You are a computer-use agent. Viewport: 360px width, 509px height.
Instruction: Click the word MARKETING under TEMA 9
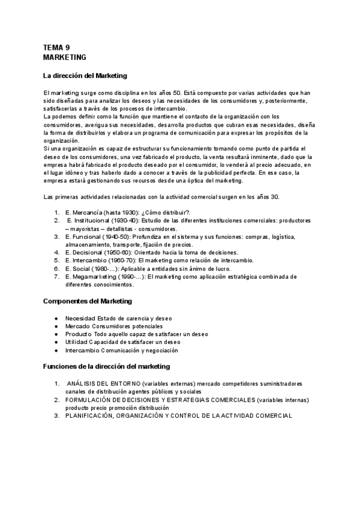[x=65, y=57]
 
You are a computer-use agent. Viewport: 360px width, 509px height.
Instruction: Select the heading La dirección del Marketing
[x=85, y=76]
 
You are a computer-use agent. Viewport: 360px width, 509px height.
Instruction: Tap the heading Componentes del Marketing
[x=88, y=300]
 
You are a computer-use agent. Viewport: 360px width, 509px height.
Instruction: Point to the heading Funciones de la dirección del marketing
[x=107, y=366]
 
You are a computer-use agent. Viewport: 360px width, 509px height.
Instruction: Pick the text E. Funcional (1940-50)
[x=103, y=236]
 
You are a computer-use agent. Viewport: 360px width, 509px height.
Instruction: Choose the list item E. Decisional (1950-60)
[x=103, y=252]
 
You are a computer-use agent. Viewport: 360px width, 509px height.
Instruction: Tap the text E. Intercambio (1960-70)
[x=105, y=260]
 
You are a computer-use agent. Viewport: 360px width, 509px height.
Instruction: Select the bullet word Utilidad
[x=75, y=342]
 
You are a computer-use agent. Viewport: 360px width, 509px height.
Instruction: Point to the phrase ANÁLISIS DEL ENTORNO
[x=104, y=383]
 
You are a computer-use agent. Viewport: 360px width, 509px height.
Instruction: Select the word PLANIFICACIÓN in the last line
[x=88, y=415]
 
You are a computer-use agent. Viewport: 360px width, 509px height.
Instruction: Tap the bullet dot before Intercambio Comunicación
[x=56, y=350]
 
